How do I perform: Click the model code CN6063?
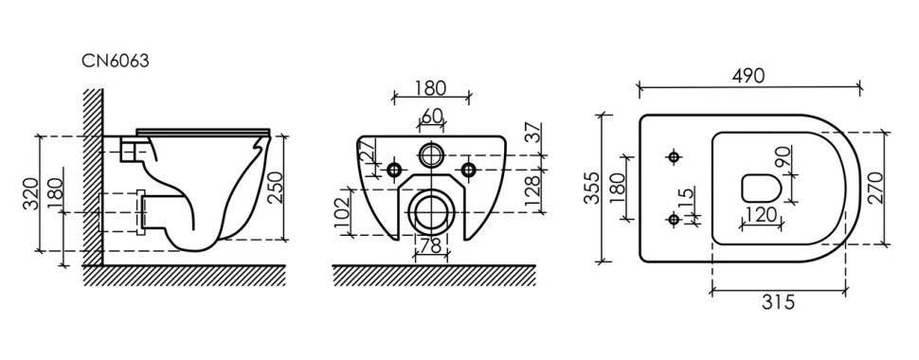pyautogui.click(x=116, y=60)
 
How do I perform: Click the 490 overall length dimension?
pyautogui.click(x=748, y=76)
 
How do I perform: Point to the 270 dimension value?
pyautogui.click(x=876, y=187)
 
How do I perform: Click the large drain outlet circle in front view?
pyautogui.click(x=432, y=210)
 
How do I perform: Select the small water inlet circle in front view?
pyautogui.click(x=432, y=154)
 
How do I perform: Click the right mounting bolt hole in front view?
pyautogui.click(x=468, y=170)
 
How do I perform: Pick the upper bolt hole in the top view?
pyautogui.click(x=675, y=154)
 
